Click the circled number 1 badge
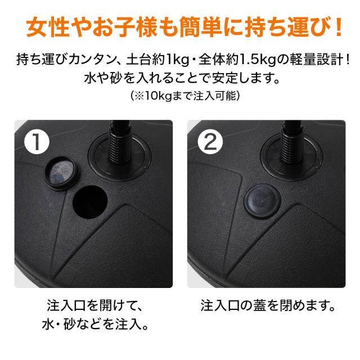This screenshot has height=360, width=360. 37,142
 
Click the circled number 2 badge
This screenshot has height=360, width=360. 210,142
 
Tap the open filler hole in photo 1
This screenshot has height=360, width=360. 90,202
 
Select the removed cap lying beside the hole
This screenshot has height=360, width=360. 62,173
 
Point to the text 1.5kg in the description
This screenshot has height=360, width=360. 258,60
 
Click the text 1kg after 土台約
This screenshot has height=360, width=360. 177,60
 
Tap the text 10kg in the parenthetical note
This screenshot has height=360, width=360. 159,96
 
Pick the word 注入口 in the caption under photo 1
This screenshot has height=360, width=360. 66,306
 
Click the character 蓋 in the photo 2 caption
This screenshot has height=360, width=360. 259,306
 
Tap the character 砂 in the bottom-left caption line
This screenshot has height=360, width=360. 69,324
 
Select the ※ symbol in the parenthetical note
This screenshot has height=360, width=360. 139,96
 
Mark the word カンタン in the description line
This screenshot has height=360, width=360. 92,60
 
